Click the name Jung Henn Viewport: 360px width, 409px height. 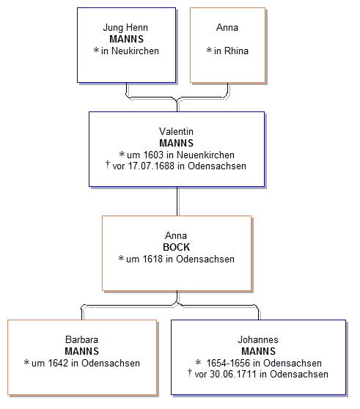tap(125, 28)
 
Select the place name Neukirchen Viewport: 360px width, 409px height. tap(135, 51)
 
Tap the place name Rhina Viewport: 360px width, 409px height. tap(236, 51)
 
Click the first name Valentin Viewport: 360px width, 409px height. tap(177, 131)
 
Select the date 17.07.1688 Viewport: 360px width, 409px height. tap(151, 166)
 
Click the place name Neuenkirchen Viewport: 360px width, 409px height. tap(205, 155)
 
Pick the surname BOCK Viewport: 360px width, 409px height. tap(177, 247)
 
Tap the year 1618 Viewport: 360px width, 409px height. tap(153, 259)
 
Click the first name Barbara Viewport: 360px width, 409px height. tap(81, 339)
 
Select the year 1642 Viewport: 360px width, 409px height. tap(58, 363)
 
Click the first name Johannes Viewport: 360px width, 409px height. tap(258, 339)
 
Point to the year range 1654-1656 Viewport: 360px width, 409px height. tap(228, 363)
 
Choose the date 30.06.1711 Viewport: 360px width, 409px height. tap(233, 375)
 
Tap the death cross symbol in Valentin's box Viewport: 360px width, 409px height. tap(108, 165)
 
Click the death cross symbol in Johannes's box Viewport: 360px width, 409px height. tap(190, 373)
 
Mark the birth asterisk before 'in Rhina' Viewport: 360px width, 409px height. tap(209, 50)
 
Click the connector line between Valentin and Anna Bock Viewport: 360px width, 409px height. tap(177, 201)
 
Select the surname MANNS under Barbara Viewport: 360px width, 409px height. tap(81, 351)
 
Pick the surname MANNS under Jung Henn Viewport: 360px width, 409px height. tap(127, 39)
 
